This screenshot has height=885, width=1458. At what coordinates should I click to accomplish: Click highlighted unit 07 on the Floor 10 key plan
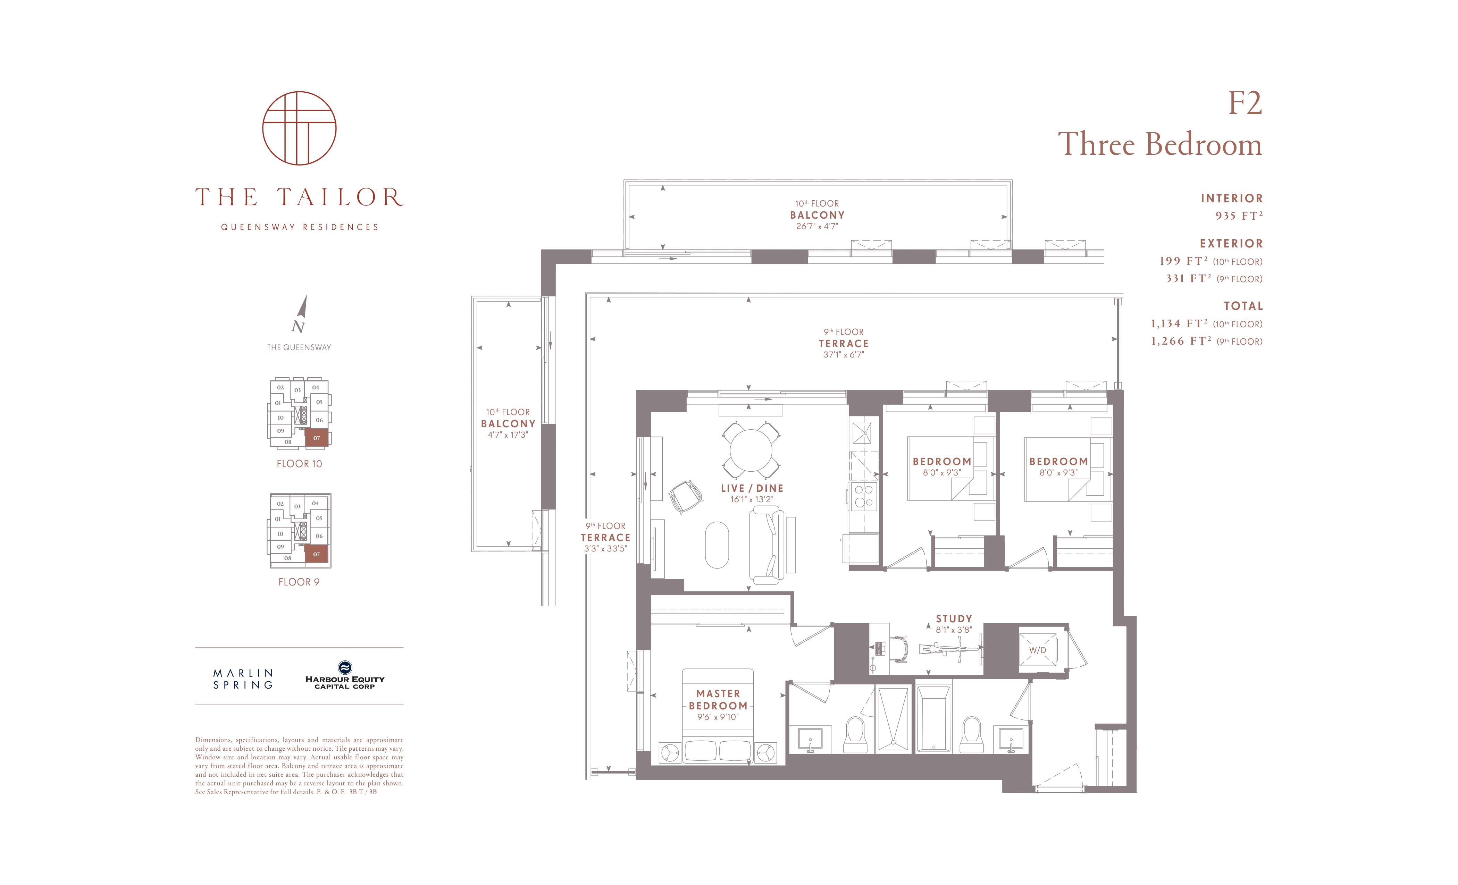317,438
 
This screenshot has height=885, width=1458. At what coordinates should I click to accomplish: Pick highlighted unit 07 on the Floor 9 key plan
317,554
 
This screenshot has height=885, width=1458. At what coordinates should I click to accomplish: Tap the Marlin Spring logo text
243,679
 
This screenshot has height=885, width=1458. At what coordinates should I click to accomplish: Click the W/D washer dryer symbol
1038,650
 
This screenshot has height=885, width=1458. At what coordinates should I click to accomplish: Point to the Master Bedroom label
718,699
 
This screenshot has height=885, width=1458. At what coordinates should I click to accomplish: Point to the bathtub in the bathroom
934,719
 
